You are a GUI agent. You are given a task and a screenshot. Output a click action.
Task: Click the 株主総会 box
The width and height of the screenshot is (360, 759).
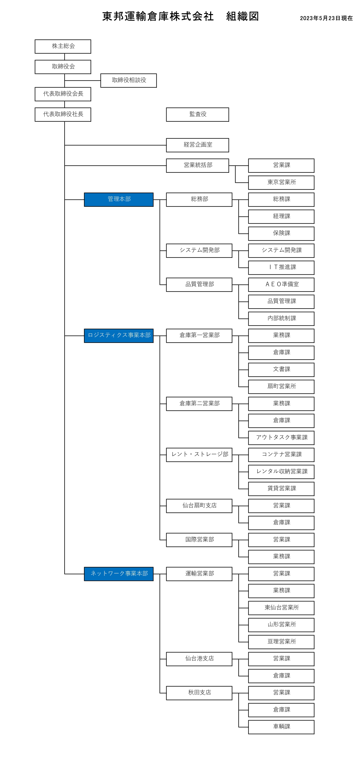(x=63, y=46)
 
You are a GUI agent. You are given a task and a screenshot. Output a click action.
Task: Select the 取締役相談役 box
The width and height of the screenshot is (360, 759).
(x=129, y=80)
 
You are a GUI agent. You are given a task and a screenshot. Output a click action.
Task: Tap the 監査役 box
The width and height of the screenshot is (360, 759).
(x=197, y=115)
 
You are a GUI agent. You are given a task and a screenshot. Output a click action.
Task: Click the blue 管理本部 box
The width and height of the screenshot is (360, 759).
(x=119, y=200)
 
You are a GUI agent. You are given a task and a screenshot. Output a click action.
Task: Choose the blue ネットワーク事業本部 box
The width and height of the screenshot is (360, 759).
(x=119, y=574)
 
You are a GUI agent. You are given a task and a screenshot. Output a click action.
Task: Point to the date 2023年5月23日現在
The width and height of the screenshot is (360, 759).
(x=326, y=18)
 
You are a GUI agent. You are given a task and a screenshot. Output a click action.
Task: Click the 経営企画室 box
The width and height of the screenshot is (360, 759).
(x=197, y=145)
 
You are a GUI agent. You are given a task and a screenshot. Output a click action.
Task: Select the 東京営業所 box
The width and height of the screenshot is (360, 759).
(x=281, y=183)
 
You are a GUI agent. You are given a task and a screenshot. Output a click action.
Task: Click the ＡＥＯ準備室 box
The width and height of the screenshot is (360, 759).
(x=281, y=285)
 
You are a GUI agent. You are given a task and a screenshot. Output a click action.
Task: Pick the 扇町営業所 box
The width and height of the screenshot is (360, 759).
(x=281, y=387)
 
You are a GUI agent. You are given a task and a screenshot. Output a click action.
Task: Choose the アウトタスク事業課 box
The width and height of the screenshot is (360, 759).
(x=281, y=438)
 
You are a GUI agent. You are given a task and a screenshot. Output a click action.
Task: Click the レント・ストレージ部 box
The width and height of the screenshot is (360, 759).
(x=199, y=455)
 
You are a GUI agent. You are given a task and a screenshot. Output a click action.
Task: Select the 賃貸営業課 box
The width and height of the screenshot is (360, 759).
(x=281, y=489)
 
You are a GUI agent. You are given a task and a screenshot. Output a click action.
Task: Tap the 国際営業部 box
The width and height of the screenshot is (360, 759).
(x=199, y=540)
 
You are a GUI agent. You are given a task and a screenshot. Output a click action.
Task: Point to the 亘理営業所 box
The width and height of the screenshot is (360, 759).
(x=281, y=642)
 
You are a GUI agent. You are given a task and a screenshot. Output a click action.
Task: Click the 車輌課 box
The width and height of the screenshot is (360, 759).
(x=281, y=727)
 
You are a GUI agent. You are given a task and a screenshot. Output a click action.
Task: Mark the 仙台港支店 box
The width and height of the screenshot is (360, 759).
(x=199, y=659)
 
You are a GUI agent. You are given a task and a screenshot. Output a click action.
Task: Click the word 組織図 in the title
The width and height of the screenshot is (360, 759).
(x=243, y=16)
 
